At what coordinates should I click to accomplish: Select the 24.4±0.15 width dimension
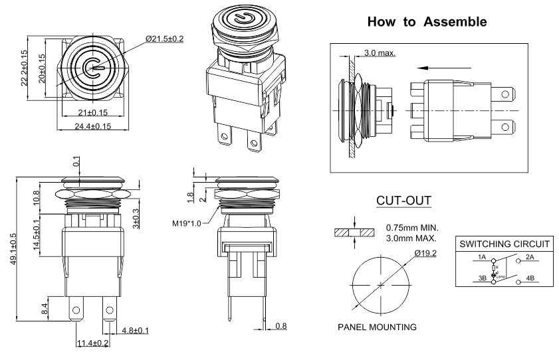coord(92,126)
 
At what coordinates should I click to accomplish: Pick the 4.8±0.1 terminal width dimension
coord(135,330)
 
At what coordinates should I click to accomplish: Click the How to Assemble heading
coord(427,22)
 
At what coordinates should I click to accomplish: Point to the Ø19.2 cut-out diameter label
coord(425,252)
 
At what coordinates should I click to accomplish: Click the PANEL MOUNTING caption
coord(377,327)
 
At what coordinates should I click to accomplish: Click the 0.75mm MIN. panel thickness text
coord(412,228)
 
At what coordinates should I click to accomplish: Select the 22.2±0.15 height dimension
coord(25,68)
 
